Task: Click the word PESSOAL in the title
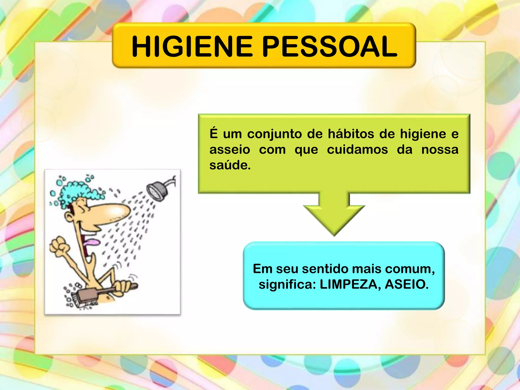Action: (329, 46)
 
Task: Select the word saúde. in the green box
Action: (230, 165)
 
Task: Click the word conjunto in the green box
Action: (275, 134)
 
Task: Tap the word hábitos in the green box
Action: (351, 134)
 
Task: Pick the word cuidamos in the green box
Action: (357, 150)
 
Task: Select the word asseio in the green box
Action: (230, 150)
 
